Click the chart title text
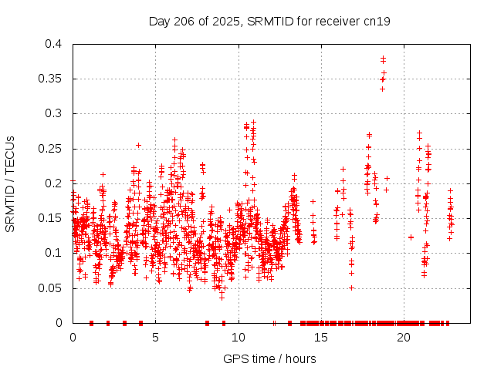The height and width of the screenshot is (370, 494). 269,21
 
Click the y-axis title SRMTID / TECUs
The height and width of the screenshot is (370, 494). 10,183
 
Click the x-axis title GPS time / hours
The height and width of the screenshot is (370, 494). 269,358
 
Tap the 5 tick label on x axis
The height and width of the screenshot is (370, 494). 155,337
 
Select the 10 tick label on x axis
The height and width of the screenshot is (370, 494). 239,337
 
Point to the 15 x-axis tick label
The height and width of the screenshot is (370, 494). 321,337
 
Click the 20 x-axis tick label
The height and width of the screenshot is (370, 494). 404,337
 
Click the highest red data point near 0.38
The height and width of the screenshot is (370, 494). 383,58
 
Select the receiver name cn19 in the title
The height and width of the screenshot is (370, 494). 378,21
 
